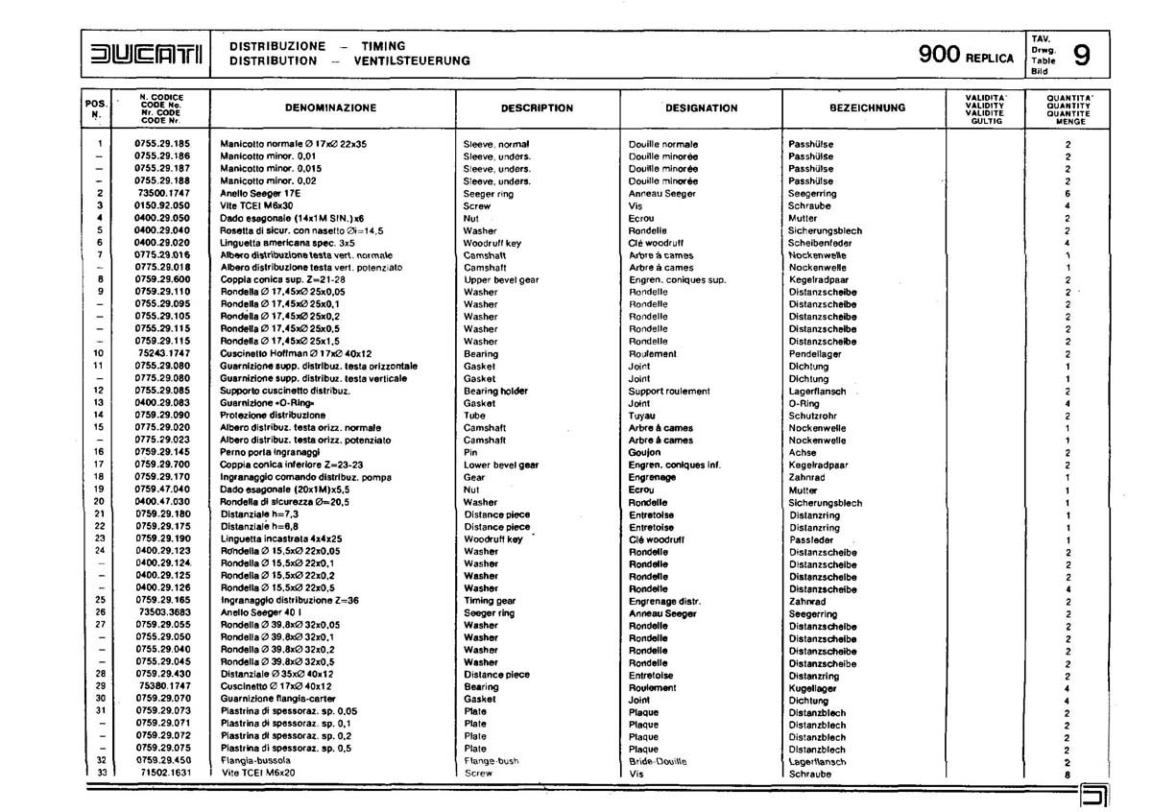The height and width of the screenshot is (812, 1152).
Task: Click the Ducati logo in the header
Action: pos(144,55)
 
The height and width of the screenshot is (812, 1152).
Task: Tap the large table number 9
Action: pos(1080,57)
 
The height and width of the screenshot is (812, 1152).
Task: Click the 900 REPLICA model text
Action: pos(965,56)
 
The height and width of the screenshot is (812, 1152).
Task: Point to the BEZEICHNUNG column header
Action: pos(867,108)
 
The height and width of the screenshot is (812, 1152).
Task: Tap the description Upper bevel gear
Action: pos(501,279)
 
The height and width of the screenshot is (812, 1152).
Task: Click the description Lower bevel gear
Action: pos(501,465)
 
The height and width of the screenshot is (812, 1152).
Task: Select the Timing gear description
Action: pos(492,601)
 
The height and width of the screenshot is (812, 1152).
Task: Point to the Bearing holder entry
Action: pos(497,391)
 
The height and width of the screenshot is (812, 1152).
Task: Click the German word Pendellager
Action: pos(815,354)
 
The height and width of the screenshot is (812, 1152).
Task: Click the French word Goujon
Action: pos(645,452)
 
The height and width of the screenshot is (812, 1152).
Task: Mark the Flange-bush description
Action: pos(492,760)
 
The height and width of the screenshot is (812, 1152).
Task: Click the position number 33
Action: pos(99,773)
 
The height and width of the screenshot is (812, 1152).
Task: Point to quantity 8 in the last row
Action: pos(1068,774)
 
